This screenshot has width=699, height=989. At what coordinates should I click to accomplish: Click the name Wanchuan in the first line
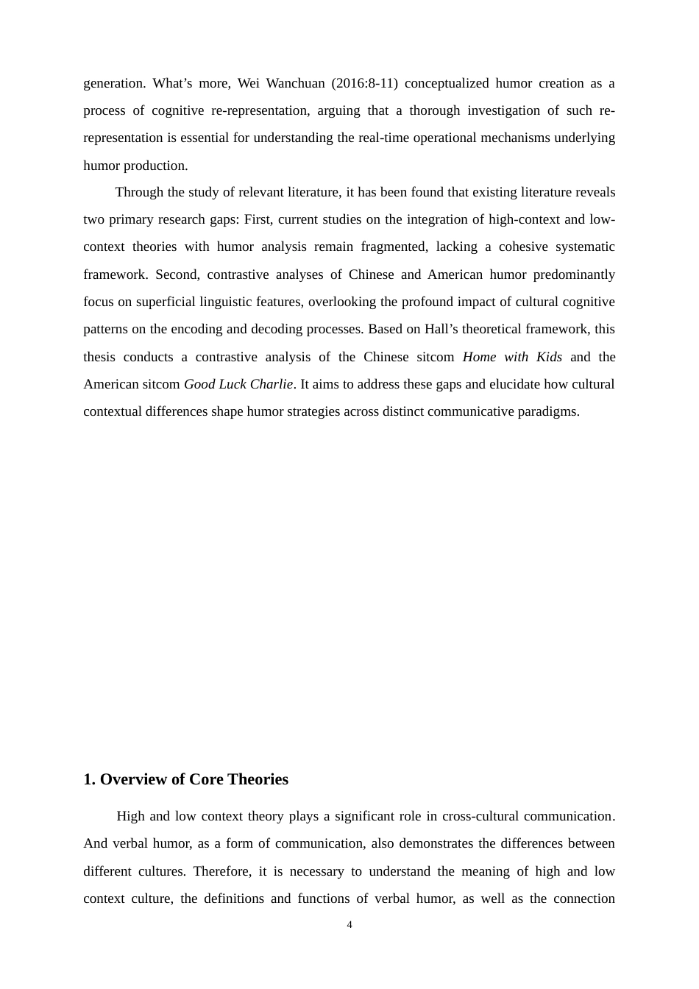[x=295, y=83]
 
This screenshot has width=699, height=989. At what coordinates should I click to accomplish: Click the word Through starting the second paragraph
[x=141, y=192]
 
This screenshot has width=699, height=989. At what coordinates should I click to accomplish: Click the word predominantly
[x=574, y=274]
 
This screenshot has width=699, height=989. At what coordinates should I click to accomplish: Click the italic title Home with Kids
[x=512, y=357]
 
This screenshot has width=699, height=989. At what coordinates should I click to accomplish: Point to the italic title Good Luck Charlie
[x=238, y=384]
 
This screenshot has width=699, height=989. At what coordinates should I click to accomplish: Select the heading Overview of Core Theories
[x=194, y=779]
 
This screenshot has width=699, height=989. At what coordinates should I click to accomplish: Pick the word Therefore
[x=222, y=871]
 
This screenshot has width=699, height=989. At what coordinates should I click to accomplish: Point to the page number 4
[x=349, y=925]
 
